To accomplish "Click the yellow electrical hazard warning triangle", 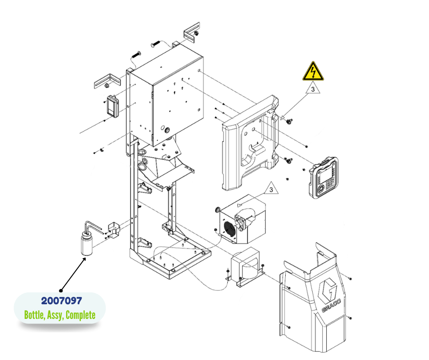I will pyautogui.click(x=313, y=72).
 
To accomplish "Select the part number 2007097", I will pyautogui.click(x=62, y=301).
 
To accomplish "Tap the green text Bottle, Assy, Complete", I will pyautogui.click(x=60, y=315).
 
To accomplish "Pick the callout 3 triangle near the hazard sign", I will pyautogui.click(x=313, y=89).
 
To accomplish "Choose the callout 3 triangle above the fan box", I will pyautogui.click(x=271, y=188).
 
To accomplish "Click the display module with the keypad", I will pyautogui.click(x=324, y=178).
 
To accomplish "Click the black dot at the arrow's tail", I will pyautogui.click(x=61, y=289).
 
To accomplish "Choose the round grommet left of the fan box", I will pyautogui.click(x=218, y=210).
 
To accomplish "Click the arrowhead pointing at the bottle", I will pyautogui.click(x=84, y=259).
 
